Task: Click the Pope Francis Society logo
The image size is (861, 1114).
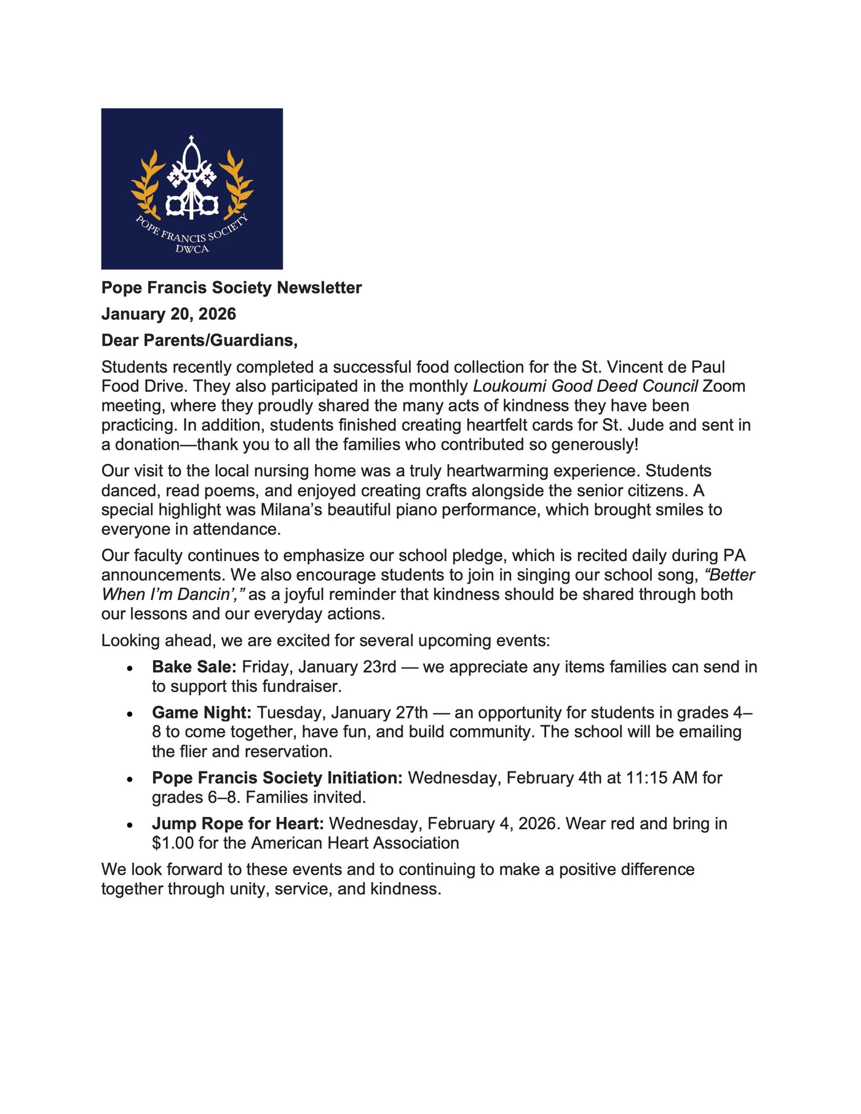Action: point(192,189)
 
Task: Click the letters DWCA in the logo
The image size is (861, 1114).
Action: point(192,249)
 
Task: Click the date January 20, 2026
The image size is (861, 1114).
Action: point(169,314)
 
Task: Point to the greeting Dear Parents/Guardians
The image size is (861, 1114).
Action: point(199,341)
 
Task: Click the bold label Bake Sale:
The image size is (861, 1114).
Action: point(194,667)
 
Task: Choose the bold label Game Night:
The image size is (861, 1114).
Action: point(202,713)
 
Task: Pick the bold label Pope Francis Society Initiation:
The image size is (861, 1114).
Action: point(277,778)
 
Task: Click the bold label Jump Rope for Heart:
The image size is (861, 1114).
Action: point(238,824)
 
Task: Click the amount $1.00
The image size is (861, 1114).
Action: point(173,843)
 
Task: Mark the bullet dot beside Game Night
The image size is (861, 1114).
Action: point(130,714)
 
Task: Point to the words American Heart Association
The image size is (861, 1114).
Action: point(355,843)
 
